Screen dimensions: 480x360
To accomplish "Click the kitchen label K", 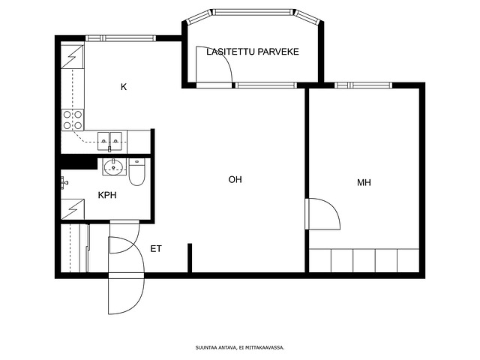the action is pyautogui.click(x=124, y=87).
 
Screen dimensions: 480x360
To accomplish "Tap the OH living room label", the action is pyautogui.click(x=235, y=179).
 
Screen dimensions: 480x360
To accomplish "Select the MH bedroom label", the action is pyautogui.click(x=364, y=183).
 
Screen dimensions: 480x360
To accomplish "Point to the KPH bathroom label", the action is pyautogui.click(x=107, y=195).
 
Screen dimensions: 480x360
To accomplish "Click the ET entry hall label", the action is pyautogui.click(x=156, y=249).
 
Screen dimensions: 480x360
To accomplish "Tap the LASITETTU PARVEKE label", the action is pyautogui.click(x=253, y=52).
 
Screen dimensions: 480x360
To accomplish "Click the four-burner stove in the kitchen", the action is pyautogui.click(x=73, y=120).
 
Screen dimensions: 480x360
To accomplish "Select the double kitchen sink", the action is pyautogui.click(x=109, y=141).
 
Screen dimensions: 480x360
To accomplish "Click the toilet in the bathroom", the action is pyautogui.click(x=136, y=172).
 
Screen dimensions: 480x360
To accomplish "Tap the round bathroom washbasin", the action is pyautogui.click(x=113, y=166).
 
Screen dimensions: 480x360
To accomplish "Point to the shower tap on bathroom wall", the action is pyautogui.click(x=64, y=183).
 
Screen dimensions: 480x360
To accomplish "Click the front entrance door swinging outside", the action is pyautogui.click(x=126, y=296).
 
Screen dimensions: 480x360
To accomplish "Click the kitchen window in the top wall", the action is pyautogui.click(x=121, y=38).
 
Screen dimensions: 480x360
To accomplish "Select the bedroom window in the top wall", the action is pyautogui.click(x=363, y=85).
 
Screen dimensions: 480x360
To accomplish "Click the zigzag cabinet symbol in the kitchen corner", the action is pyautogui.click(x=72, y=57).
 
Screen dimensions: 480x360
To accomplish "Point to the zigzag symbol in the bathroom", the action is pyautogui.click(x=73, y=209).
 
